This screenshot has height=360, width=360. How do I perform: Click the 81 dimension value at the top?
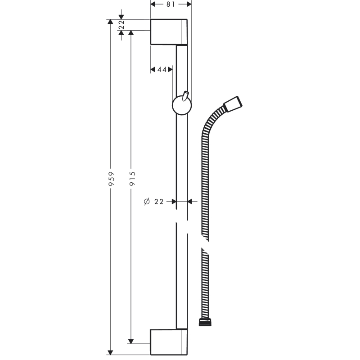coord(171,4)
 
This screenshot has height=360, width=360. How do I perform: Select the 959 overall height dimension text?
coord(111,179)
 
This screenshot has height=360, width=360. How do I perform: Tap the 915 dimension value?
coord(132,179)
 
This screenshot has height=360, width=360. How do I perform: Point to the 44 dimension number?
coord(162,69)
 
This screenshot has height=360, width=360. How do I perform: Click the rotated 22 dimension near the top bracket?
coord(121,25)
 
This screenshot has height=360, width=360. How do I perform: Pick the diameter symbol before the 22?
coord(147,201)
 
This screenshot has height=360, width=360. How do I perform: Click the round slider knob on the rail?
coord(182,105)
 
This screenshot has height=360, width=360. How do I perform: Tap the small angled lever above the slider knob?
coord(185,96)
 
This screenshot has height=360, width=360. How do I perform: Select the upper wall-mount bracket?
coord(169,31)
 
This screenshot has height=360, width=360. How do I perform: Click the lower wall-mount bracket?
coord(169,342)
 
